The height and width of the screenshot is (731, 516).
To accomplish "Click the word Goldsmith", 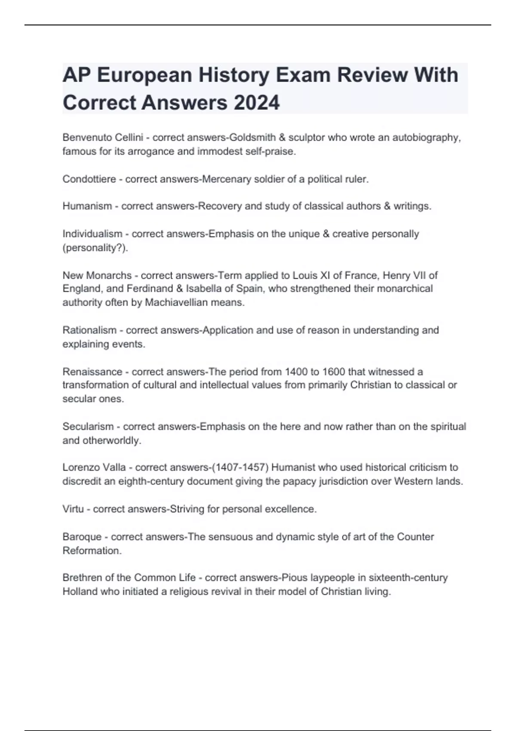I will pos(253,138).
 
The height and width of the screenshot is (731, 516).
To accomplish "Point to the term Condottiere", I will pos(89,179).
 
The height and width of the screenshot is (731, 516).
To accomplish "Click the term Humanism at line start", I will pos(87,206).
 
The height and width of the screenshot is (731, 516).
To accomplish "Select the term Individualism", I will pos(92,234).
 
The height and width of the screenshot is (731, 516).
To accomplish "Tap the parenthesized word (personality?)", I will pos(95,248).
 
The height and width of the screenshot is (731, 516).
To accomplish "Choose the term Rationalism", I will pos(89,330).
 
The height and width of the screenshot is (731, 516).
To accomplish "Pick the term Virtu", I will pos(73,509).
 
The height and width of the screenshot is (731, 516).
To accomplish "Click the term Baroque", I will pos(84,537).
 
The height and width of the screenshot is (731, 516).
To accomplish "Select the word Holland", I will pos(80,591).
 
